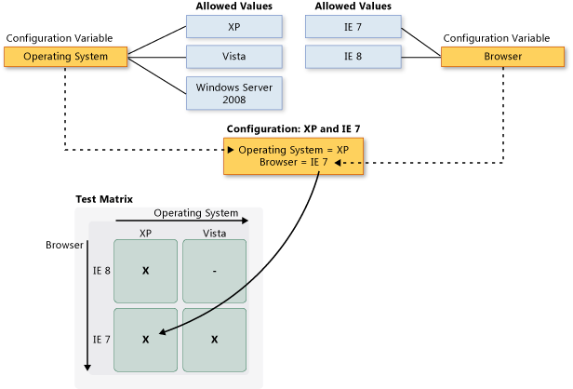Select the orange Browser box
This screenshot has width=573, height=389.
pos(502,57)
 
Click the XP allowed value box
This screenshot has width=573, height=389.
pos(233,27)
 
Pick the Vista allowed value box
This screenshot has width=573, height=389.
pos(233,57)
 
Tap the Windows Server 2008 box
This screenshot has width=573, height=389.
pos(233,92)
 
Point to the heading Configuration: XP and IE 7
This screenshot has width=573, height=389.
pos(293,127)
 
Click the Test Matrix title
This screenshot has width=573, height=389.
pos(104,199)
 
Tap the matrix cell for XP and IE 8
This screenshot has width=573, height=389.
pos(145,271)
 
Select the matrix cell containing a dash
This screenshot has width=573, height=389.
pos(214,271)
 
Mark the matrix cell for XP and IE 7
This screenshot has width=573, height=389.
pos(145,340)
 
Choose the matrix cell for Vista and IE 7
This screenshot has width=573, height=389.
pos(214,340)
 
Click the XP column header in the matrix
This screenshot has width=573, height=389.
pos(145,232)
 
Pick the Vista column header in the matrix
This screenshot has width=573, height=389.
pos(214,232)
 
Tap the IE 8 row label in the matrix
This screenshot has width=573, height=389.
pos(101,271)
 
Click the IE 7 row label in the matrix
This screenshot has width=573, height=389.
pos(101,340)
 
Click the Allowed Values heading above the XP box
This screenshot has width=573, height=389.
pos(229,7)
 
